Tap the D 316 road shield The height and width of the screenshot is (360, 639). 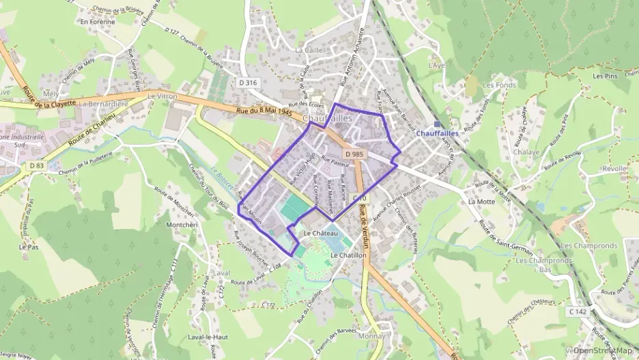pyautogui.click(x=248, y=83)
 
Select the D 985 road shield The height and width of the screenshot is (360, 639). pyautogui.click(x=352, y=154)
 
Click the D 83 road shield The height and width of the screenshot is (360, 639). pyautogui.click(x=36, y=165)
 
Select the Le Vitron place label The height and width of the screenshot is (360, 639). pyautogui.click(x=162, y=96)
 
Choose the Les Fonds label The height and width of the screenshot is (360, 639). pyautogui.click(x=499, y=85)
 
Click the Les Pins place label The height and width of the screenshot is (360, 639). pyautogui.click(x=605, y=76)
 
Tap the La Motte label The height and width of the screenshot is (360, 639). pyautogui.click(x=481, y=202)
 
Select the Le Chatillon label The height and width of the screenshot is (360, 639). pyautogui.click(x=348, y=255)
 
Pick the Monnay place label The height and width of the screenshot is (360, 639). pyautogui.click(x=371, y=336)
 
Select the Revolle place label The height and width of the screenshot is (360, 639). pyautogui.click(x=614, y=168)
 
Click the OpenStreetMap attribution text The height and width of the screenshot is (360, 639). pyautogui.click(x=603, y=350)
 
